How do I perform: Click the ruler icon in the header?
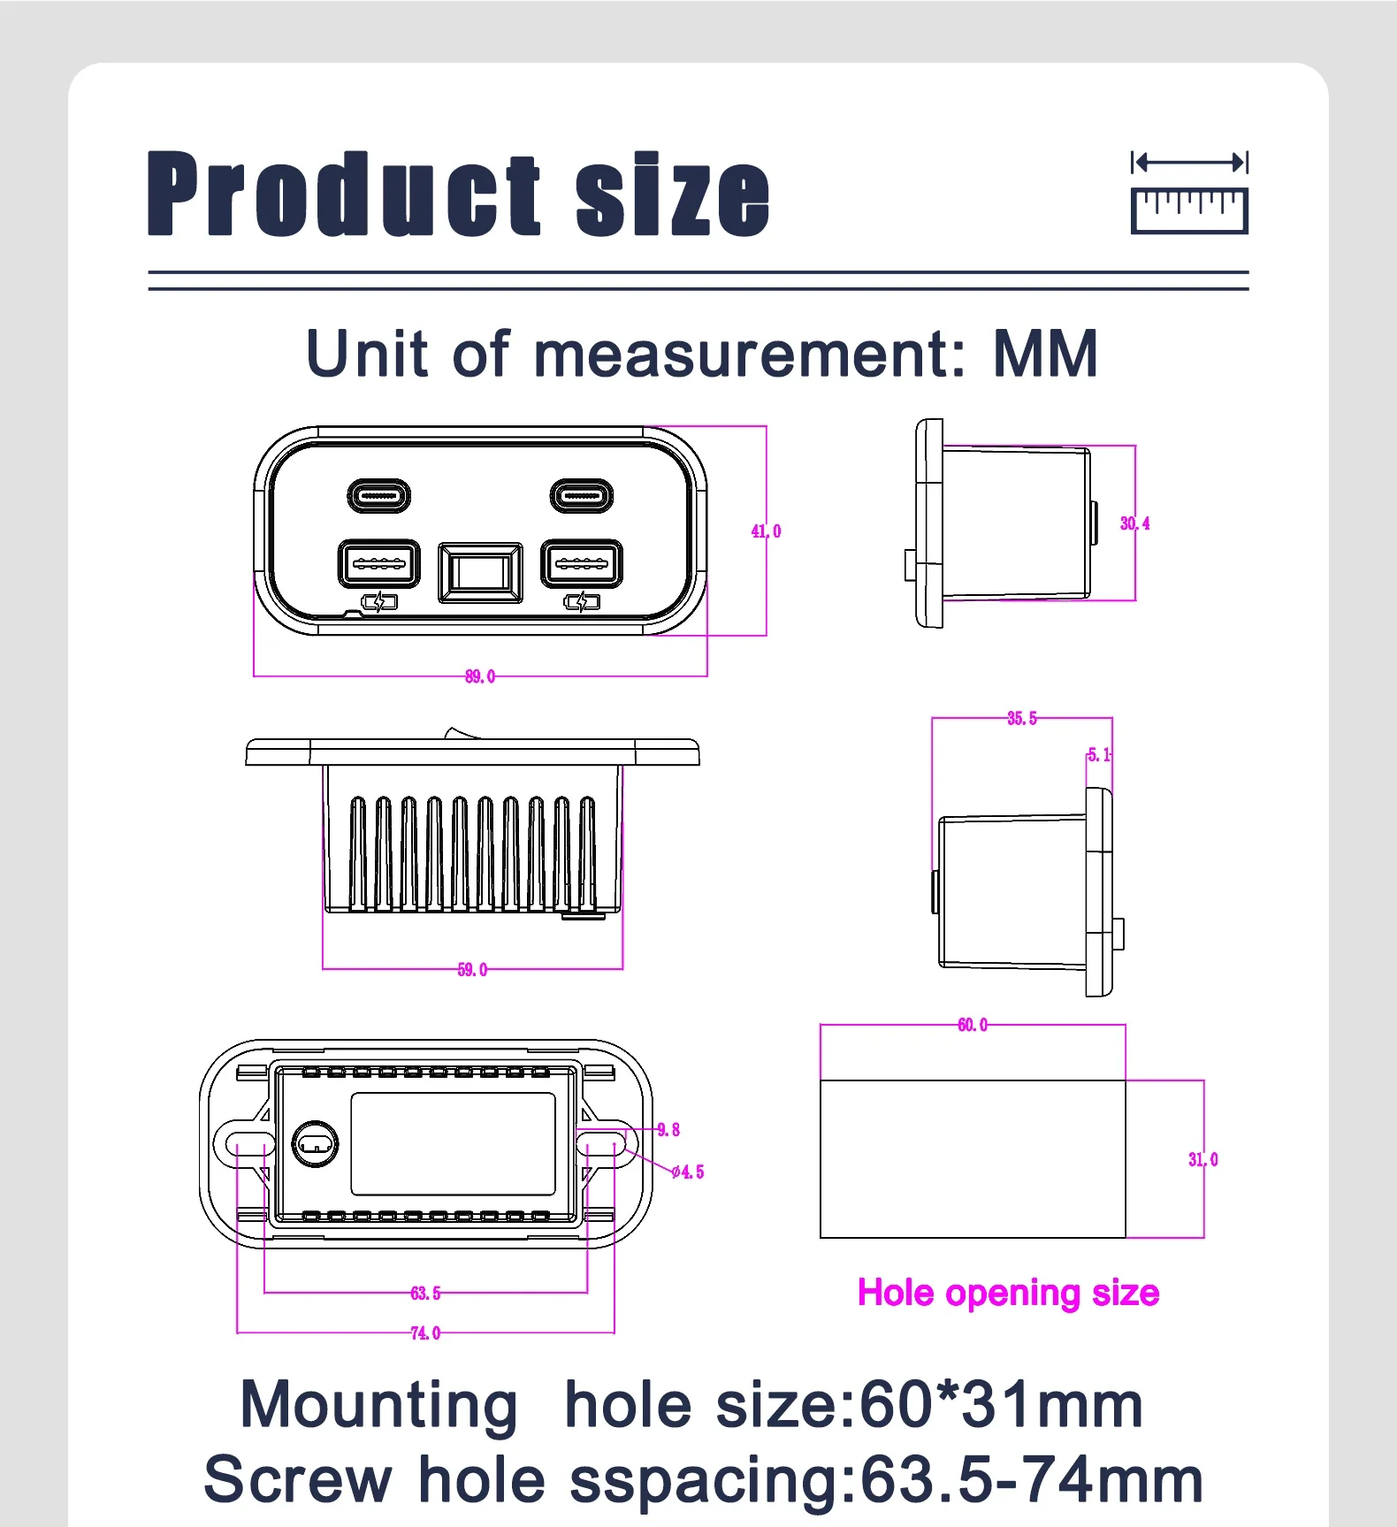1189,193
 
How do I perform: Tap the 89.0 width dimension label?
480,676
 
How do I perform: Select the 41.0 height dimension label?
767,531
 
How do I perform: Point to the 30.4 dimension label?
1135,523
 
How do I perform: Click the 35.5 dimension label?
1022,718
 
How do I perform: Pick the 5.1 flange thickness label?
1100,755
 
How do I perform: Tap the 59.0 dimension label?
472,970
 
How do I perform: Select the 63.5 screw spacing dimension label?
425,1294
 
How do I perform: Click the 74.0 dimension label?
425,1333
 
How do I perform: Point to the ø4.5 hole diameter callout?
688,1172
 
